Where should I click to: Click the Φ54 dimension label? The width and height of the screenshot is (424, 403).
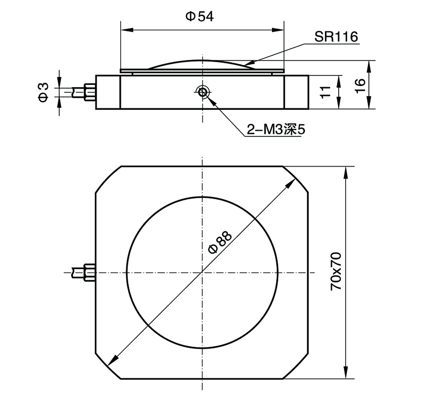point(199,17)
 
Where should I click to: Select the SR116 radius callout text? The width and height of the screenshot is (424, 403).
point(336,37)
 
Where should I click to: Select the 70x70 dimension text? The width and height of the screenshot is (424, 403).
point(335,271)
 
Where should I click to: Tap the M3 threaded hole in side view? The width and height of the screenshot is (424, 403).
point(202,92)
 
